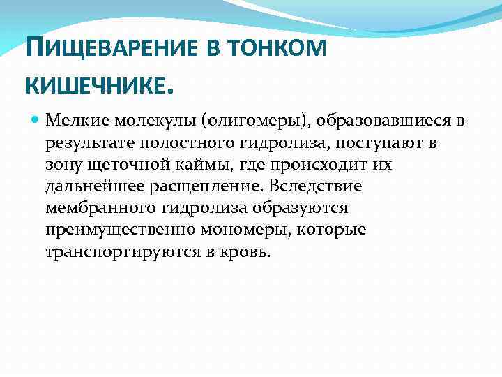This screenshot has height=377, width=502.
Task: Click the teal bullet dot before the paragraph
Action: click(36, 121)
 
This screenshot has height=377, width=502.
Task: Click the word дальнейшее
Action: click(91, 187)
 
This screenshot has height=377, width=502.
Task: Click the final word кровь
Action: click(244, 252)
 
